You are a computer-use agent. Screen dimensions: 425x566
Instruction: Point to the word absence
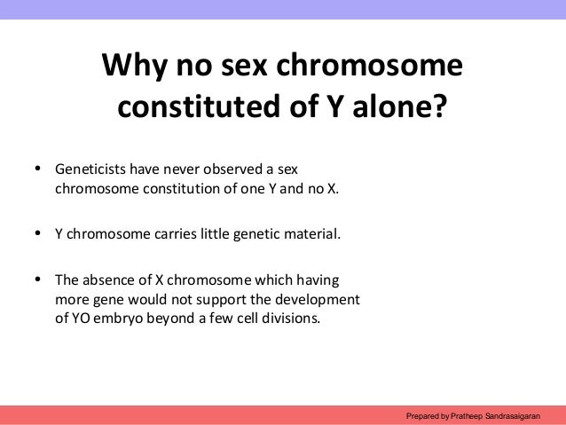tap(112, 279)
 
